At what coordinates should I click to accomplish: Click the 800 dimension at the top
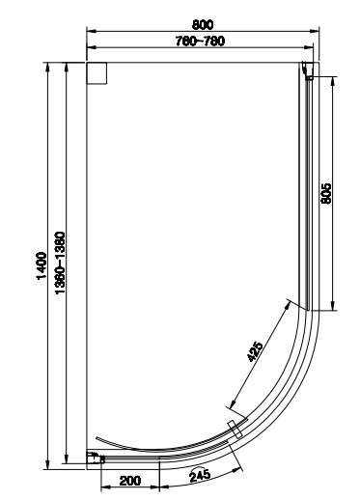203,24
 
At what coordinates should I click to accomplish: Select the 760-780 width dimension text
200,42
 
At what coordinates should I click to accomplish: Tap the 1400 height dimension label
42,265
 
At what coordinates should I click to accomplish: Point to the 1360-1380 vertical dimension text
60,263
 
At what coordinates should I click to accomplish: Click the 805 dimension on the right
326,193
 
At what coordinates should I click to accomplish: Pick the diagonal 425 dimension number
255,351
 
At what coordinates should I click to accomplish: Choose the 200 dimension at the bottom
130,481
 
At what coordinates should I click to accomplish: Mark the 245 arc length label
200,475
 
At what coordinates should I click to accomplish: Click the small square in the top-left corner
97,73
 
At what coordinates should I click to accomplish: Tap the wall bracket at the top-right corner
308,70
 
